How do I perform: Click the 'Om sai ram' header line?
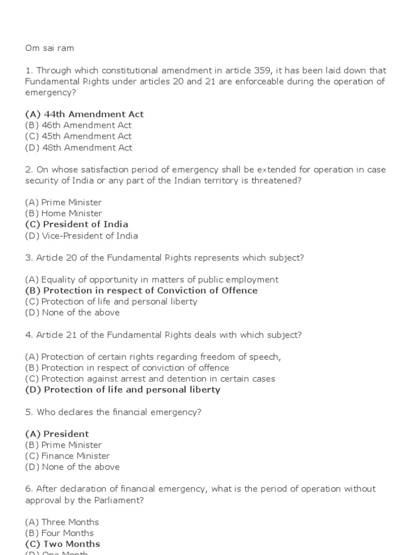[49, 48]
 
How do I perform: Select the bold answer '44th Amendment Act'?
[84, 114]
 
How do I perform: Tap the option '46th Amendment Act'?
[78, 125]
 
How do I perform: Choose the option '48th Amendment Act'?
[78, 147]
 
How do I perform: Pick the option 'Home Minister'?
[63, 214]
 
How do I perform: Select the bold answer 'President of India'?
[76, 224]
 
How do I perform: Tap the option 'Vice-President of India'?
[81, 236]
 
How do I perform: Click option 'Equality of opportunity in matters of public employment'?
[152, 280]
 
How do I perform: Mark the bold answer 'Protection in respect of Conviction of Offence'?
[141, 291]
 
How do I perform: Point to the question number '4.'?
[29, 335]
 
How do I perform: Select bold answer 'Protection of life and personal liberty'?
[122, 390]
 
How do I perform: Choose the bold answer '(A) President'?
[57, 434]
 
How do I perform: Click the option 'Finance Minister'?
[67, 456]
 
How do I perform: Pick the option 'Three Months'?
[62, 522]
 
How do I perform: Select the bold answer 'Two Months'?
[62, 544]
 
